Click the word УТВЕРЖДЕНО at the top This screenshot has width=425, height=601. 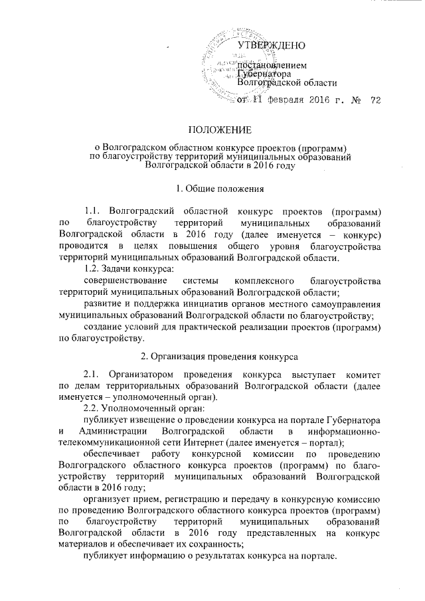pyautogui.click(x=271, y=46)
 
